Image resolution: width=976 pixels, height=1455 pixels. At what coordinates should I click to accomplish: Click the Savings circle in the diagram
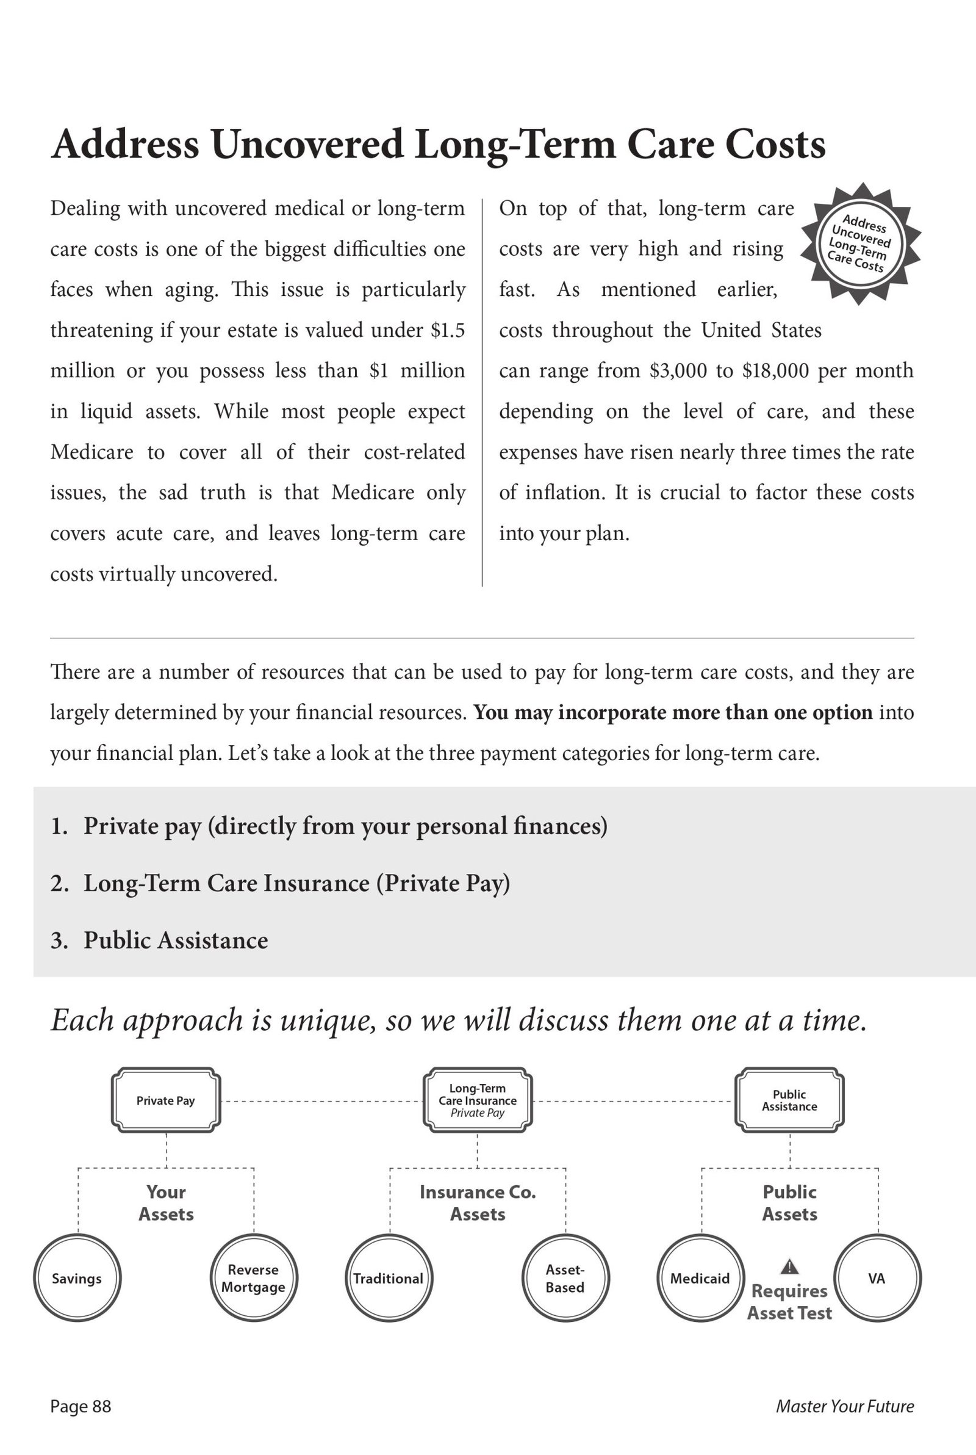click(x=77, y=1278)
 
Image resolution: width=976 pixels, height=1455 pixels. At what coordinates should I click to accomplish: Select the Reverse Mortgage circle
click(x=253, y=1278)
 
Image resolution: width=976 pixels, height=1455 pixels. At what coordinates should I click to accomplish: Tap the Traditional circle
click(x=389, y=1278)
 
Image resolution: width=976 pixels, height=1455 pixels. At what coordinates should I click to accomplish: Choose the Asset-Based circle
click(x=565, y=1278)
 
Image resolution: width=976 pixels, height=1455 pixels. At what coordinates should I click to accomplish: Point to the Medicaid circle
click(x=700, y=1278)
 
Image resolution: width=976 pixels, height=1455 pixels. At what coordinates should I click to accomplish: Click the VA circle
click(x=877, y=1278)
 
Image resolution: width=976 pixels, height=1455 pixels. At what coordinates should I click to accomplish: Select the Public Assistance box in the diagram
click(x=789, y=1100)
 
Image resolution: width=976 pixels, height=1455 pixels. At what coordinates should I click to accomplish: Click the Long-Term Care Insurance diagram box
click(x=478, y=1100)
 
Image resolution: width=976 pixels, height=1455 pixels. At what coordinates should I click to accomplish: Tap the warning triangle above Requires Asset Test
click(x=789, y=1266)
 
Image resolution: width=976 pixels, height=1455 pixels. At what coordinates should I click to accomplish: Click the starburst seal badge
click(x=859, y=244)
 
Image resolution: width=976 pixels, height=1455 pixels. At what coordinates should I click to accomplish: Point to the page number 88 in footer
click(x=101, y=1406)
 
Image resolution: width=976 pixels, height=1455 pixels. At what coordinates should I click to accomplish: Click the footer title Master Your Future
click(x=845, y=1406)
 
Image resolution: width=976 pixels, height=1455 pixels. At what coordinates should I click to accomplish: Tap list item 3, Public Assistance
click(x=176, y=940)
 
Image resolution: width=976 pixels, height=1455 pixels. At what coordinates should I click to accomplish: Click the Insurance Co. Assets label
click(x=478, y=1203)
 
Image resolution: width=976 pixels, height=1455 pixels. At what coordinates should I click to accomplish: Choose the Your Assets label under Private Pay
click(x=166, y=1203)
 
